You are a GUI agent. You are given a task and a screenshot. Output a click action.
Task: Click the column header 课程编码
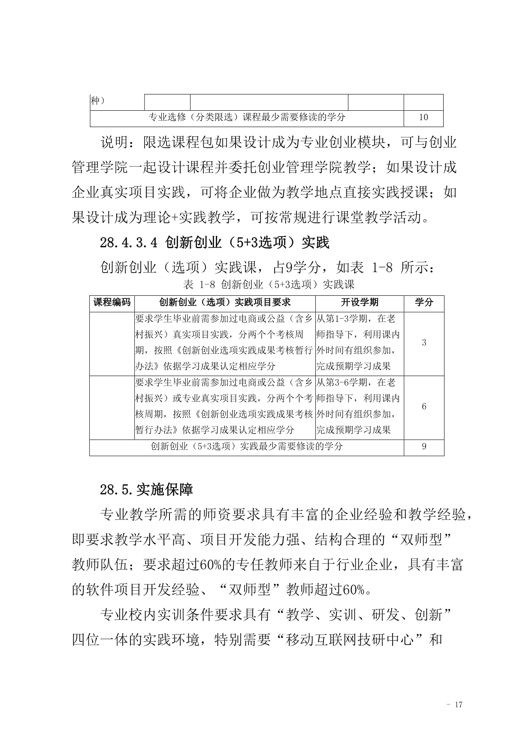112,302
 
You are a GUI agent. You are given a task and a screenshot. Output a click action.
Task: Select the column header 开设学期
360,302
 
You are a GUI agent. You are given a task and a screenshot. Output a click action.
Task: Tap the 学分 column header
424,302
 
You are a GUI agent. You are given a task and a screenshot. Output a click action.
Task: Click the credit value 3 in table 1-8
424,343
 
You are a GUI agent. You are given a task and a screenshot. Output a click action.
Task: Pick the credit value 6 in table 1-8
424,407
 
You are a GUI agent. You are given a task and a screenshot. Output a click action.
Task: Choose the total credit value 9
424,446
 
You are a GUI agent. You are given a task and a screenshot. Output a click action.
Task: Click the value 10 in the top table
423,117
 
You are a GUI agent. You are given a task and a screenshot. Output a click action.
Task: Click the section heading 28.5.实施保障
146,489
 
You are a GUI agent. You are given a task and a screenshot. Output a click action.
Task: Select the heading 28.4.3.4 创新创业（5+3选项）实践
215,243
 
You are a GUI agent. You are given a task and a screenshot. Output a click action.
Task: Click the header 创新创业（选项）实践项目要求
225,302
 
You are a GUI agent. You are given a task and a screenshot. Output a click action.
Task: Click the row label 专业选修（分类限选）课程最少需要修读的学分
247,117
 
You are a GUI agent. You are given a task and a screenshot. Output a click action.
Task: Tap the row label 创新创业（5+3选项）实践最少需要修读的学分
247,446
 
